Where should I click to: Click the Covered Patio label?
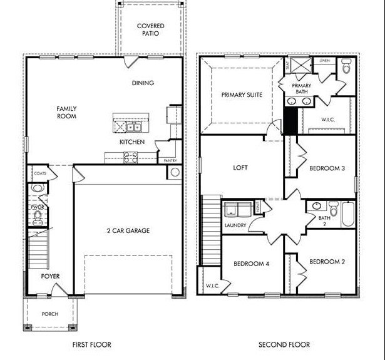click(x=151, y=29)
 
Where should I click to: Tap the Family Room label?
click(x=66, y=112)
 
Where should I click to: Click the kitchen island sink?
click(x=133, y=127)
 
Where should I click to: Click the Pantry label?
click(x=170, y=161)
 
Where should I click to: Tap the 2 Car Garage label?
click(x=128, y=231)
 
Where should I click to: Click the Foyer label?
click(x=50, y=276)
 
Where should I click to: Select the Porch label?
click(x=50, y=314)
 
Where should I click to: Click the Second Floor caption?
click(x=284, y=345)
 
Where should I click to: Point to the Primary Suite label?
click(x=241, y=95)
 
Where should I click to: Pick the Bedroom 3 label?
click(x=327, y=168)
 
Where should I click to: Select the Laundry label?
click(x=235, y=225)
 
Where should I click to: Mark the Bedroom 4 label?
click(x=251, y=264)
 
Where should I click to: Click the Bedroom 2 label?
click(x=327, y=261)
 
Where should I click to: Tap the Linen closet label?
click(x=324, y=61)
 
